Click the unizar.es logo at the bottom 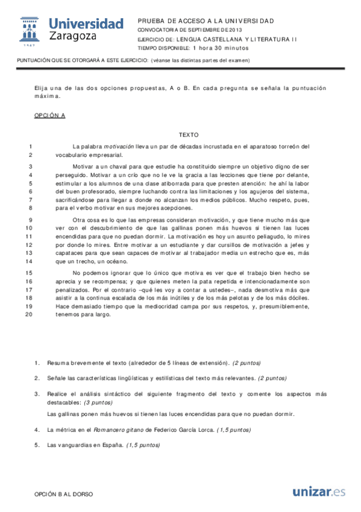(x=319, y=491)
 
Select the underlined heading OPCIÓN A (x=49, y=115)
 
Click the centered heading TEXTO (x=189, y=135)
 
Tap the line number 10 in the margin (x=29, y=228)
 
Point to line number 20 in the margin (x=29, y=314)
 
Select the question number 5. (x=37, y=445)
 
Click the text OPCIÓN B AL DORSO (x=64, y=493)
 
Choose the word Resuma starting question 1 (x=58, y=363)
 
